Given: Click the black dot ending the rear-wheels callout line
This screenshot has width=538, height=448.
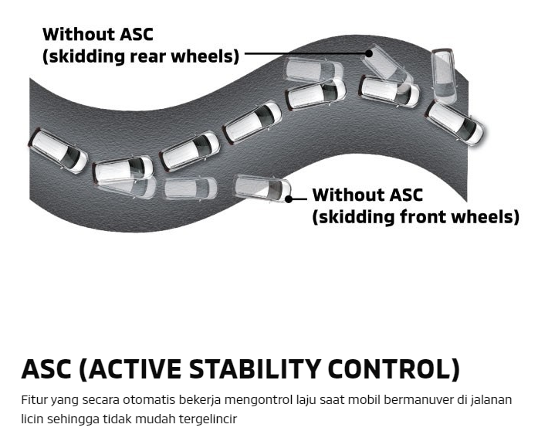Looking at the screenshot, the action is pyautogui.click(x=369, y=53).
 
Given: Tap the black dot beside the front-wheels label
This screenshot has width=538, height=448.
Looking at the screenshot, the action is pyautogui.click(x=289, y=199).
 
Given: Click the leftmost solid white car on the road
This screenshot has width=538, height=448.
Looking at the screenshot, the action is pyautogui.click(x=58, y=151).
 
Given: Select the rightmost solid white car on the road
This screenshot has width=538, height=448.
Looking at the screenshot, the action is pyautogui.click(x=455, y=124).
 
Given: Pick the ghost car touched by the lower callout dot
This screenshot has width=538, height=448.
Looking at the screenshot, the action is pyautogui.click(x=262, y=188).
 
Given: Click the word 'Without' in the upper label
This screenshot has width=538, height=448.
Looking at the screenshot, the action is pyautogui.click(x=78, y=35).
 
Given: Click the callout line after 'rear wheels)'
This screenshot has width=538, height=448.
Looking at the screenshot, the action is pyautogui.click(x=305, y=53).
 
